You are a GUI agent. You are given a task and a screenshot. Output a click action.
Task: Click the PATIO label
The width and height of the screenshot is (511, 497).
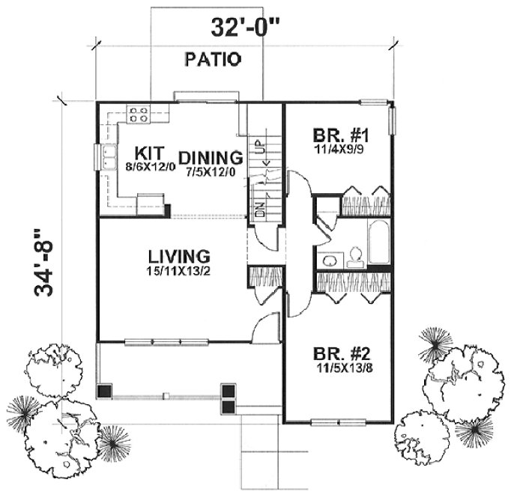click(x=214, y=60)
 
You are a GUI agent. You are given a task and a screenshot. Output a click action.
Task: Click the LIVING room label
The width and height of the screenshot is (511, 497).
click(x=178, y=255)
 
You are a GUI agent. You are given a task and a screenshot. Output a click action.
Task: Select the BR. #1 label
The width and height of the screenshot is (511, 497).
click(x=334, y=136)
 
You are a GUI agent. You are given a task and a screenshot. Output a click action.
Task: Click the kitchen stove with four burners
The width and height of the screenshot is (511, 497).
click(x=139, y=114)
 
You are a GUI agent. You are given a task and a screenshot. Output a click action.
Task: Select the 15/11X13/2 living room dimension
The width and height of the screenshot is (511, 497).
click(x=178, y=270)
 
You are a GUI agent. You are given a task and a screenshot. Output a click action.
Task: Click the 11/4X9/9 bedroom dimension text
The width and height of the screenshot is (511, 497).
click(x=334, y=150)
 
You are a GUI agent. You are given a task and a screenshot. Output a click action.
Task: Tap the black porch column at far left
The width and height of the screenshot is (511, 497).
click(x=106, y=391)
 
